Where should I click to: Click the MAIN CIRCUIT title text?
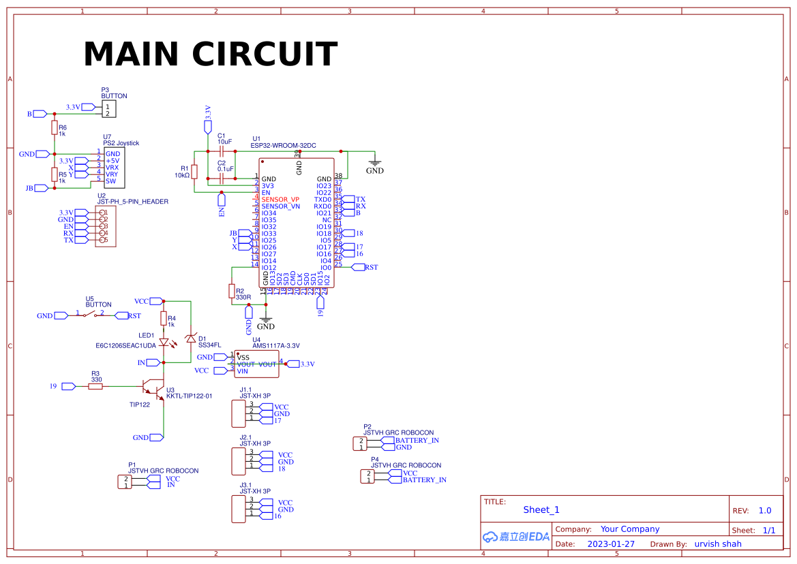click(210, 54)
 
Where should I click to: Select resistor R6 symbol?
click(54, 127)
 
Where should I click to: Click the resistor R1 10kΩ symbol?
click(194, 171)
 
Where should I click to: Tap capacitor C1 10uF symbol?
click(222, 151)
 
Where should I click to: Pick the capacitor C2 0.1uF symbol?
click(222, 178)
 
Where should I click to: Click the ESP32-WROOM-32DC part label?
click(283, 146)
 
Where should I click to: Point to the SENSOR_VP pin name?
click(280, 200)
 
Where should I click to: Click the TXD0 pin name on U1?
click(322, 200)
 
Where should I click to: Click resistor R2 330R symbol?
click(232, 292)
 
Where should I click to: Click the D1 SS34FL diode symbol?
click(192, 339)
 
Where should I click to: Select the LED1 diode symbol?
click(164, 343)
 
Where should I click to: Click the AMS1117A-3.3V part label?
click(275, 346)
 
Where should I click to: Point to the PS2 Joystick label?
click(121, 143)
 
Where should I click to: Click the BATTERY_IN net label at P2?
click(417, 440)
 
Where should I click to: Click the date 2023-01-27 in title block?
click(611, 544)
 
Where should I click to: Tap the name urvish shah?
click(717, 544)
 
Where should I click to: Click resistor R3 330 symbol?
click(95, 386)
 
